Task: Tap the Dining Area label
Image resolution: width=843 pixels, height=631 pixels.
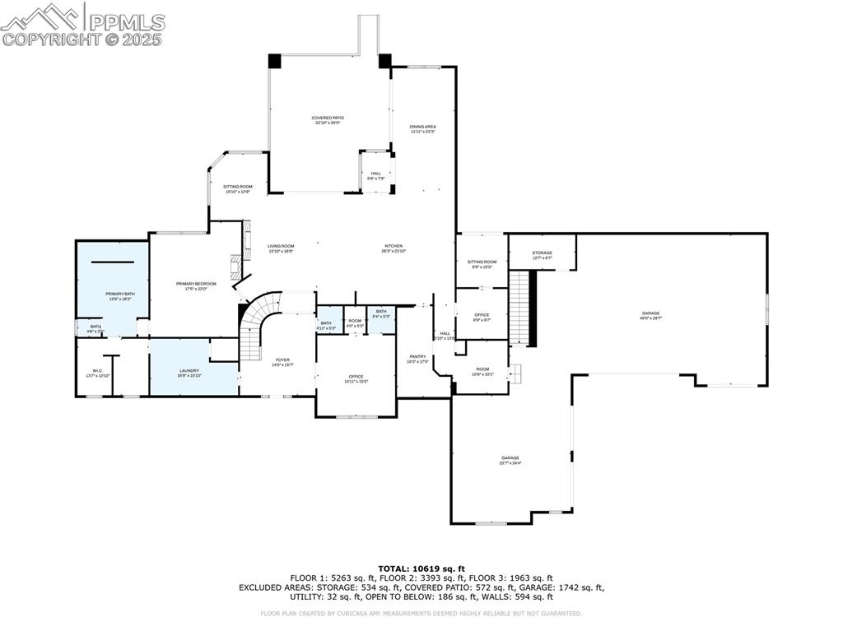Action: click(x=422, y=128)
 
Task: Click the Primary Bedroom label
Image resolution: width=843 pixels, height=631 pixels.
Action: click(x=196, y=285)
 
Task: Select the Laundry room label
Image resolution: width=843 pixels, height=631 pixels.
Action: click(x=189, y=373)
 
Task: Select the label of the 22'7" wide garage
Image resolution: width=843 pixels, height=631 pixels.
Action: click(x=510, y=460)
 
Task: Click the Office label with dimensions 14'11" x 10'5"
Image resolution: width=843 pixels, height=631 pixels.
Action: click(x=356, y=378)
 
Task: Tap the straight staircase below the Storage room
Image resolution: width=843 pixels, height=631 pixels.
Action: click(x=519, y=309)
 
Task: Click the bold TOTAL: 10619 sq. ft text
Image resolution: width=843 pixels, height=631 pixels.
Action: click(x=421, y=568)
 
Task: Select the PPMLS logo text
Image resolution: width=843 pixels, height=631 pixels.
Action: click(x=125, y=22)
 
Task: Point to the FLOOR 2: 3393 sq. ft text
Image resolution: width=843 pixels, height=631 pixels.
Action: click(x=421, y=578)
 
